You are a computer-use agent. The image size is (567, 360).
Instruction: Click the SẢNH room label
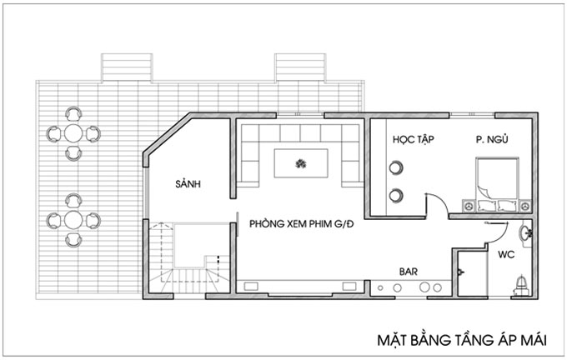[188, 184]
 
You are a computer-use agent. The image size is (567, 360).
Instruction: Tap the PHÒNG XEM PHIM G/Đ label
[302, 224]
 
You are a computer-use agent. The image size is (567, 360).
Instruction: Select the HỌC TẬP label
[414, 140]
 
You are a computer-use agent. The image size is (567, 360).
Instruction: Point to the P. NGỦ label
[492, 139]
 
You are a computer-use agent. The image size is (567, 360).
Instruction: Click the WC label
[506, 254]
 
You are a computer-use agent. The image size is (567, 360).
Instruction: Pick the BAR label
[409, 272]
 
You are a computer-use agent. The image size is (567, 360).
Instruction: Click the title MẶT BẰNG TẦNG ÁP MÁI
[462, 341]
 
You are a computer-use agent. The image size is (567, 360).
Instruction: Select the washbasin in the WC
[525, 233]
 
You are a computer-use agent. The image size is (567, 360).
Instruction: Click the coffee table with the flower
[301, 163]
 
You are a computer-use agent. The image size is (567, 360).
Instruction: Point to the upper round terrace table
[73, 133]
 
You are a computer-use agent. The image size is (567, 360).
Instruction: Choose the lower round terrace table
[73, 220]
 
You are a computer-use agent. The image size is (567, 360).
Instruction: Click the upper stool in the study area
[396, 167]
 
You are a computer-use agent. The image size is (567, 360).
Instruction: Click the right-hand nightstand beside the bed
[525, 206]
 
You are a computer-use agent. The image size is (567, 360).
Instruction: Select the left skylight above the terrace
[127, 67]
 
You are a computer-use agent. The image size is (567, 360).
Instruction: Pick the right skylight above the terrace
[300, 67]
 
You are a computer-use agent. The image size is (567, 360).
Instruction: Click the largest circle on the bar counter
[424, 287]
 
